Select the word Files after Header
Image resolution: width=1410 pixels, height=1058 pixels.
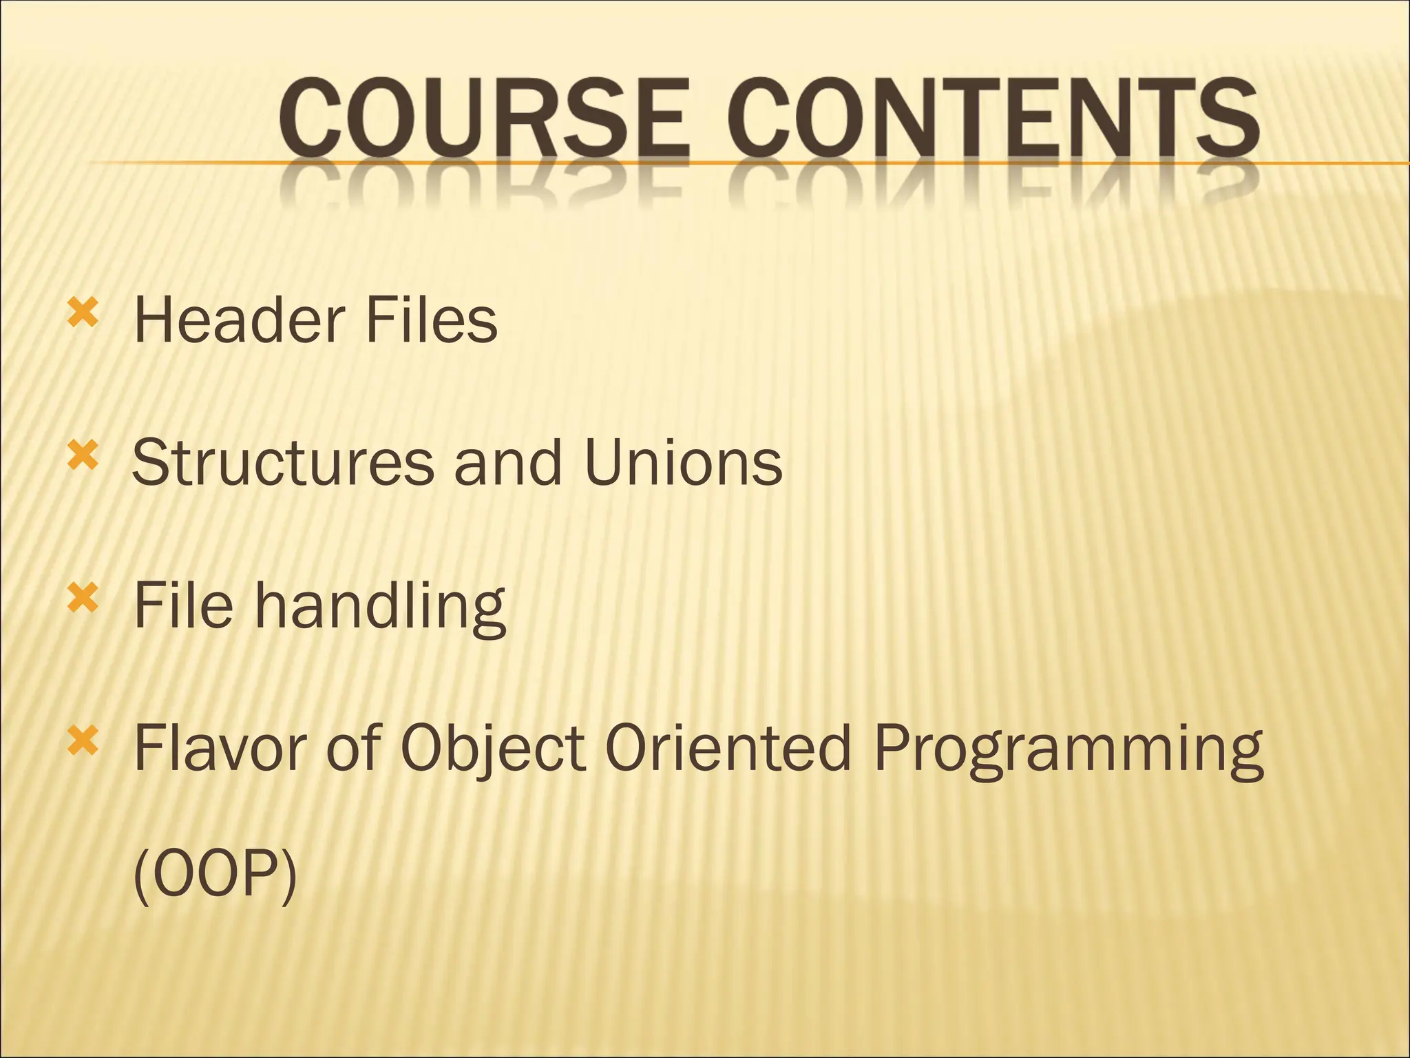click(x=431, y=320)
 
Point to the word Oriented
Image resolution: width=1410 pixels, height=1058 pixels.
click(x=729, y=747)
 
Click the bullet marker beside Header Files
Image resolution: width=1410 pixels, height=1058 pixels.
click(x=81, y=313)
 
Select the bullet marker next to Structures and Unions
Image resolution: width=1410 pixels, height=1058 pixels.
click(x=81, y=456)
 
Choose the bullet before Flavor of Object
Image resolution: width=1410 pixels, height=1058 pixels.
click(x=81, y=741)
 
